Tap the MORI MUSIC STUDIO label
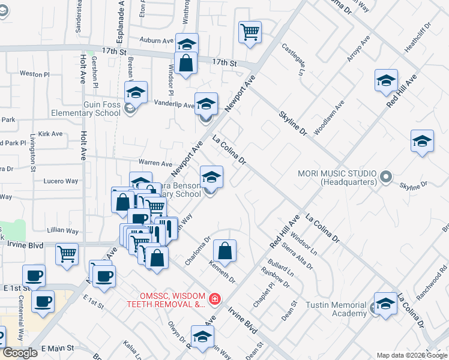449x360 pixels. click(x=337, y=178)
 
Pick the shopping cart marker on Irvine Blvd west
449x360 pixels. click(x=67, y=253)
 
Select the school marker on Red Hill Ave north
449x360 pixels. click(x=386, y=80)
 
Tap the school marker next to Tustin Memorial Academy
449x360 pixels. click(x=385, y=303)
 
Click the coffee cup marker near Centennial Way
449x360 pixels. click(x=42, y=302)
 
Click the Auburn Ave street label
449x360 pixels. click(x=156, y=41)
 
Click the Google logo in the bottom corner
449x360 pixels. click(x=20, y=353)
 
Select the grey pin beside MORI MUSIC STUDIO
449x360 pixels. click(x=386, y=178)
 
